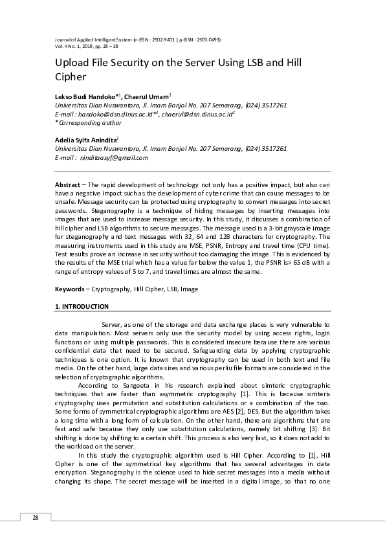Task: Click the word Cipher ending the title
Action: [72, 77]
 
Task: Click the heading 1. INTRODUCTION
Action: [82, 306]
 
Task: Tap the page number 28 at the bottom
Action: [36, 518]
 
